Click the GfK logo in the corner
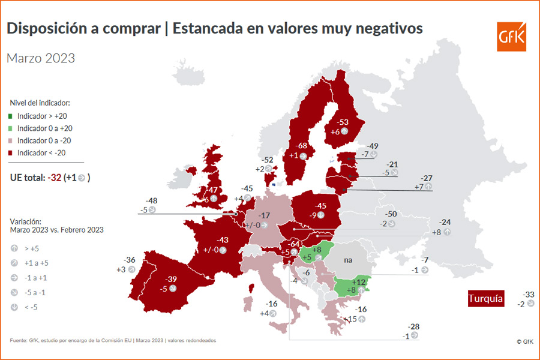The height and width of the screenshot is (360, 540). click(511, 37)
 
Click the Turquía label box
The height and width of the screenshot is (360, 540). click(486, 298)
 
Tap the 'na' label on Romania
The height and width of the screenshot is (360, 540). click(347, 261)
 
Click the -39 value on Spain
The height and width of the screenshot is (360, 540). click(172, 279)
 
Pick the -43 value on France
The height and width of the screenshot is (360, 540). click(222, 239)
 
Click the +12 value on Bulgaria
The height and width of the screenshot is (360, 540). click(359, 282)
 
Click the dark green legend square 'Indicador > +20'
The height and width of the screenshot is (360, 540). click(13, 116)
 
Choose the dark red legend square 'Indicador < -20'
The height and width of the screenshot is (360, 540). click(13, 153)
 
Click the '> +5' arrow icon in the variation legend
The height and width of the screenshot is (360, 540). click(14, 248)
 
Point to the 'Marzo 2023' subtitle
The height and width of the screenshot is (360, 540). click(41, 58)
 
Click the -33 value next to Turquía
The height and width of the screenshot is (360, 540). click(528, 295)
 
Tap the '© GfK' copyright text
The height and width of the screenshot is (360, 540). click(524, 341)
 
